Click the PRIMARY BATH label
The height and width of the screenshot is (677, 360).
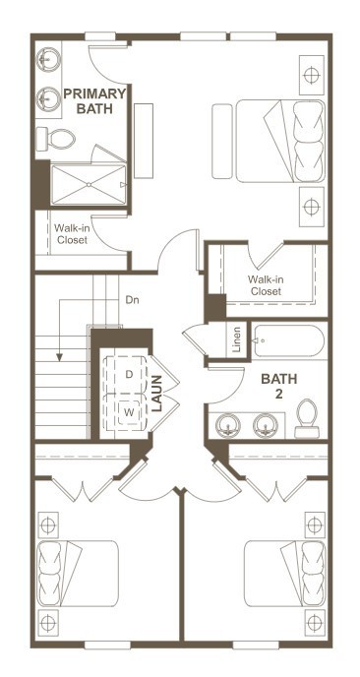click(x=94, y=101)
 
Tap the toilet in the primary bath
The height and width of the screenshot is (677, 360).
click(x=56, y=139)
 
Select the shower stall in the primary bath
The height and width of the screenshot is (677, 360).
click(x=89, y=185)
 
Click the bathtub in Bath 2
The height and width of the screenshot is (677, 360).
click(x=288, y=341)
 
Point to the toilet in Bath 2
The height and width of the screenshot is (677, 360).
click(x=307, y=419)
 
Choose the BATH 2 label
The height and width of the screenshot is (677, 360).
click(x=278, y=386)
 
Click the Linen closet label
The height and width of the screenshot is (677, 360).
click(x=236, y=339)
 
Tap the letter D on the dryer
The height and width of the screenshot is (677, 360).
click(x=129, y=374)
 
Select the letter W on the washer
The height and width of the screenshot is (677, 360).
click(x=129, y=412)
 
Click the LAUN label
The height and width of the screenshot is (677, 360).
click(x=157, y=394)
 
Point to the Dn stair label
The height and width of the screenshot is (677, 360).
click(x=132, y=299)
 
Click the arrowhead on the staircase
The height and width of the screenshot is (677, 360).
click(x=60, y=357)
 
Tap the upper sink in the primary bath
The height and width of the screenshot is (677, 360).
click(x=48, y=60)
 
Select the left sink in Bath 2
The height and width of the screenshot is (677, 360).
click(x=227, y=425)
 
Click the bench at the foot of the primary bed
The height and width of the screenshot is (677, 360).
click(x=222, y=141)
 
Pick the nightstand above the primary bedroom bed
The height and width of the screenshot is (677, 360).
click(x=312, y=75)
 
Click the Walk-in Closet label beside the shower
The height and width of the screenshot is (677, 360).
click(x=71, y=233)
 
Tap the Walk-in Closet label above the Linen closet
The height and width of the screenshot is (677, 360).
click(x=266, y=285)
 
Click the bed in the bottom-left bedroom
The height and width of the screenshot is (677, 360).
click(x=78, y=574)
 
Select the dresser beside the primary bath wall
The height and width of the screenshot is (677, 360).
click(x=144, y=141)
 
